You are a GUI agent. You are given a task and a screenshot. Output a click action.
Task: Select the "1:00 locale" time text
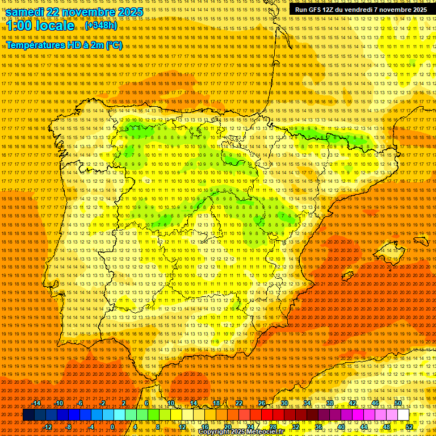(x=40, y=26)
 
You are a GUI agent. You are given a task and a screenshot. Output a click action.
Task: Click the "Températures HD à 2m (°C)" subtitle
(x=64, y=45)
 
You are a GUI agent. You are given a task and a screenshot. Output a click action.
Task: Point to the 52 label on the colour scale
(x=409, y=427)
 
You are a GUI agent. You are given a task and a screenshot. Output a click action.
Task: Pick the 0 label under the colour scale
(x=112, y=427)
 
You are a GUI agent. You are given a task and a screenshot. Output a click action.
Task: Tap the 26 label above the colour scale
(x=262, y=403)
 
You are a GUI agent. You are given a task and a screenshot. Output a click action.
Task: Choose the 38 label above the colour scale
(x=329, y=403)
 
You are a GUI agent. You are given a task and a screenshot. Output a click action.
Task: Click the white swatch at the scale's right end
(x=403, y=415)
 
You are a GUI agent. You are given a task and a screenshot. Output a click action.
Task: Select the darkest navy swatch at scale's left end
(x=28, y=415)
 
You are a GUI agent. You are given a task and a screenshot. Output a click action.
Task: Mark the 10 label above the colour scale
(x=170, y=403)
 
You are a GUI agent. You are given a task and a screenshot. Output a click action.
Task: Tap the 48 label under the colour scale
(x=386, y=427)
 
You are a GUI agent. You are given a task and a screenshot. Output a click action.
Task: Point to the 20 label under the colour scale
(x=227, y=427)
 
